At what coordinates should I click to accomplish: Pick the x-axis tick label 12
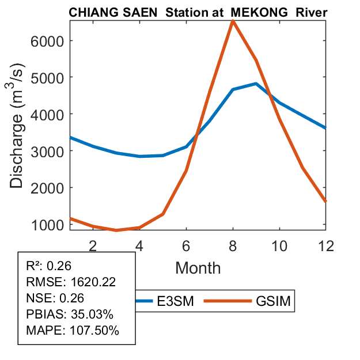[325, 245]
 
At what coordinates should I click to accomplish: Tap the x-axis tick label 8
[232, 245]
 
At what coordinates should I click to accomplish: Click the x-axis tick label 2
[93, 245]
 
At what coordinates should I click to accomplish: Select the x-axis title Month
[198, 267]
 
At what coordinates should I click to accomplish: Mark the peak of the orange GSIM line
[232, 21]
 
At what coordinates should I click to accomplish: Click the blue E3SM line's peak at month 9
[255, 84]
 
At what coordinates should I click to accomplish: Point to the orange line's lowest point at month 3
[116, 230]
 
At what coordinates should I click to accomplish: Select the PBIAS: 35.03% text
[70, 314]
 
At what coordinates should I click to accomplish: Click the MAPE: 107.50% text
[73, 331]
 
